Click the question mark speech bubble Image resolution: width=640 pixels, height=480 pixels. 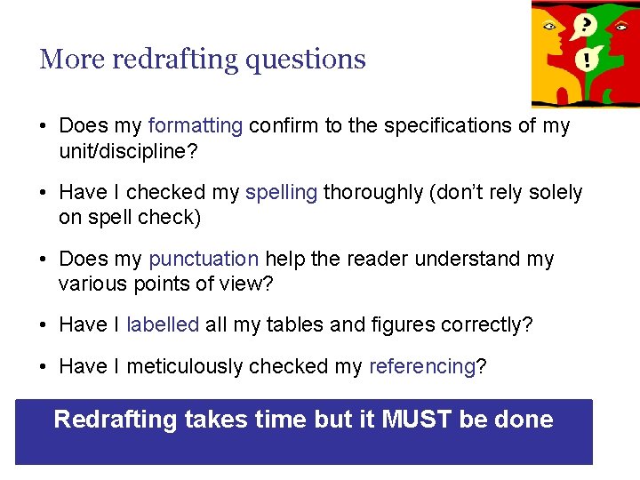pyautogui.click(x=585, y=24)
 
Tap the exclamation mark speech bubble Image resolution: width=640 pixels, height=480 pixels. pyautogui.click(x=587, y=59)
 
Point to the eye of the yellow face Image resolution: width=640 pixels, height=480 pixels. pyautogui.click(x=549, y=27)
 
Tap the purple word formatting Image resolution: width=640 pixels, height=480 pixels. pyautogui.click(x=196, y=125)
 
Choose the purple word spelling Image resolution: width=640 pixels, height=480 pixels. pyautogui.click(x=281, y=192)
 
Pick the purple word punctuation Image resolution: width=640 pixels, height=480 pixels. pyautogui.click(x=204, y=259)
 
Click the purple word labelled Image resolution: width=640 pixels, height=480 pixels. pyautogui.click(x=163, y=324)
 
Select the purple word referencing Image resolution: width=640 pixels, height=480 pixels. pyautogui.click(x=422, y=366)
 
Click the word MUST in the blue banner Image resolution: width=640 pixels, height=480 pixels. pyautogui.click(x=417, y=419)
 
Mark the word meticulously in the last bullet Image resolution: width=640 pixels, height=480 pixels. pyautogui.click(x=185, y=366)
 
